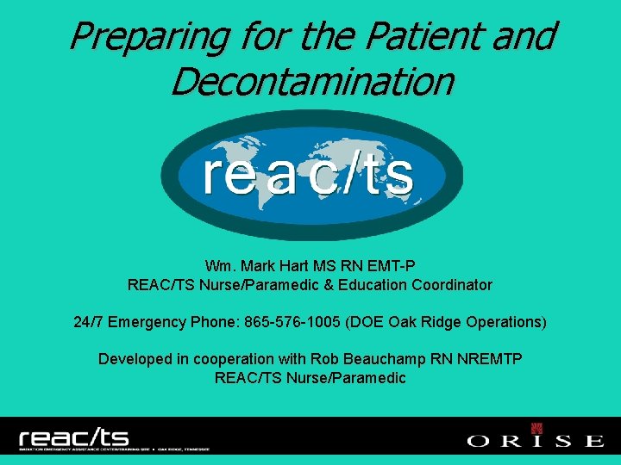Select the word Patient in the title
(428, 37)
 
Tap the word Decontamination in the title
(311, 82)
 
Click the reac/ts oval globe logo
(311, 176)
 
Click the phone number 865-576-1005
(293, 322)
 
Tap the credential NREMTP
(491, 359)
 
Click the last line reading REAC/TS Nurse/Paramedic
(310, 377)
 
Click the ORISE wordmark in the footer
(535, 441)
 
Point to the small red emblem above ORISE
(536, 428)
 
